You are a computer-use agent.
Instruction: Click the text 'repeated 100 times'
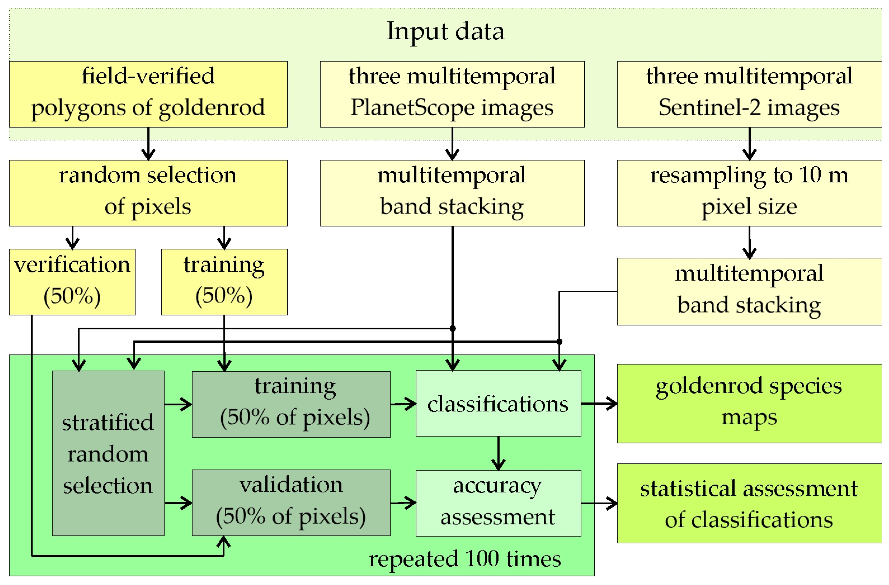(465, 559)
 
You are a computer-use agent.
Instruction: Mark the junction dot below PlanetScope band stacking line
(452, 328)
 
